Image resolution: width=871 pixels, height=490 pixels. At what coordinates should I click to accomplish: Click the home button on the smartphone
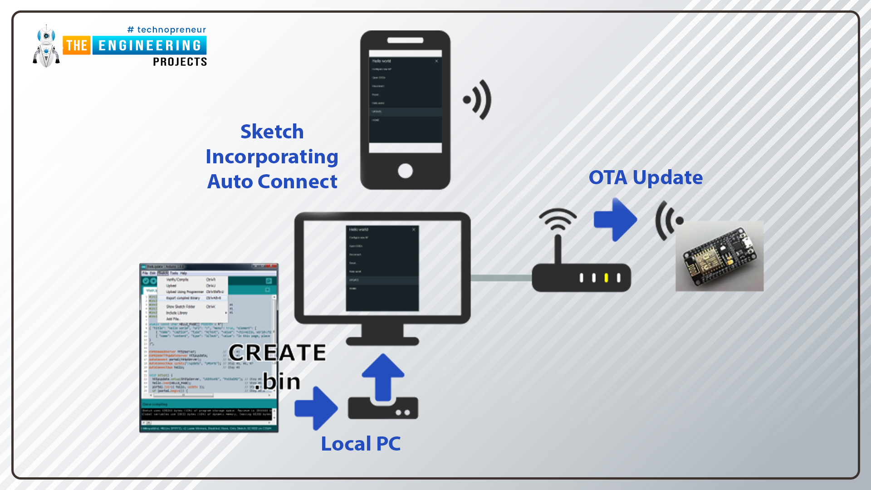(405, 171)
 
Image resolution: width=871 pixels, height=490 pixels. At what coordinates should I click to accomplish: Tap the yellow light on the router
(606, 278)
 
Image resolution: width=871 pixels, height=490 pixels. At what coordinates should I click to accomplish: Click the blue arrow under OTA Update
(616, 220)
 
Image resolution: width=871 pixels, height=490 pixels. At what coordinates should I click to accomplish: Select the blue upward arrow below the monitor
(383, 377)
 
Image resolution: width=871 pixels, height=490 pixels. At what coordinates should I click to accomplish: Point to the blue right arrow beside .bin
(316, 408)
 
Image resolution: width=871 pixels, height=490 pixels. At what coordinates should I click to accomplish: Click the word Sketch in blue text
(272, 132)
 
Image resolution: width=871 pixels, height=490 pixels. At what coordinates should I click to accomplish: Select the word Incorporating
(272, 157)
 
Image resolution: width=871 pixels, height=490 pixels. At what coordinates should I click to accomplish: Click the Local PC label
(361, 444)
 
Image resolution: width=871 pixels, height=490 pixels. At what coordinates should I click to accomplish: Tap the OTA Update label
(646, 177)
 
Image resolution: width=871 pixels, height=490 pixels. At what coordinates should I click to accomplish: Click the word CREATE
(277, 353)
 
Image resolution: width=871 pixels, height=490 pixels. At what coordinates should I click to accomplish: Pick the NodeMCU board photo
(719, 256)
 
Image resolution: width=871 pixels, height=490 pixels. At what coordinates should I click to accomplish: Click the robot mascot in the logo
(46, 46)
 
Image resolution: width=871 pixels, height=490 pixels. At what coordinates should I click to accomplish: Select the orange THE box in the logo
(77, 45)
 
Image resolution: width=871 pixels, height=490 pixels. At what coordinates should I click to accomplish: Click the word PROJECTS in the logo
(180, 62)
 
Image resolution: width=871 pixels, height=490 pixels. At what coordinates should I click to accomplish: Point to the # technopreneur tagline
(167, 30)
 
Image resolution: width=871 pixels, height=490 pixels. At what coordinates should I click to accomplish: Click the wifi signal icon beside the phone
(478, 100)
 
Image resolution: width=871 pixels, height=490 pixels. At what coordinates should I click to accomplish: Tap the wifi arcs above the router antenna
(558, 219)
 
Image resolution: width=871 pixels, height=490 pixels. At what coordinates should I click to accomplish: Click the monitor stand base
(382, 341)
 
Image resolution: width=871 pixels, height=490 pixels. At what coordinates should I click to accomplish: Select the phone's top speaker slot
(405, 40)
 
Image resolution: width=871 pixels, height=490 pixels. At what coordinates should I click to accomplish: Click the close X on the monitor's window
(414, 230)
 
